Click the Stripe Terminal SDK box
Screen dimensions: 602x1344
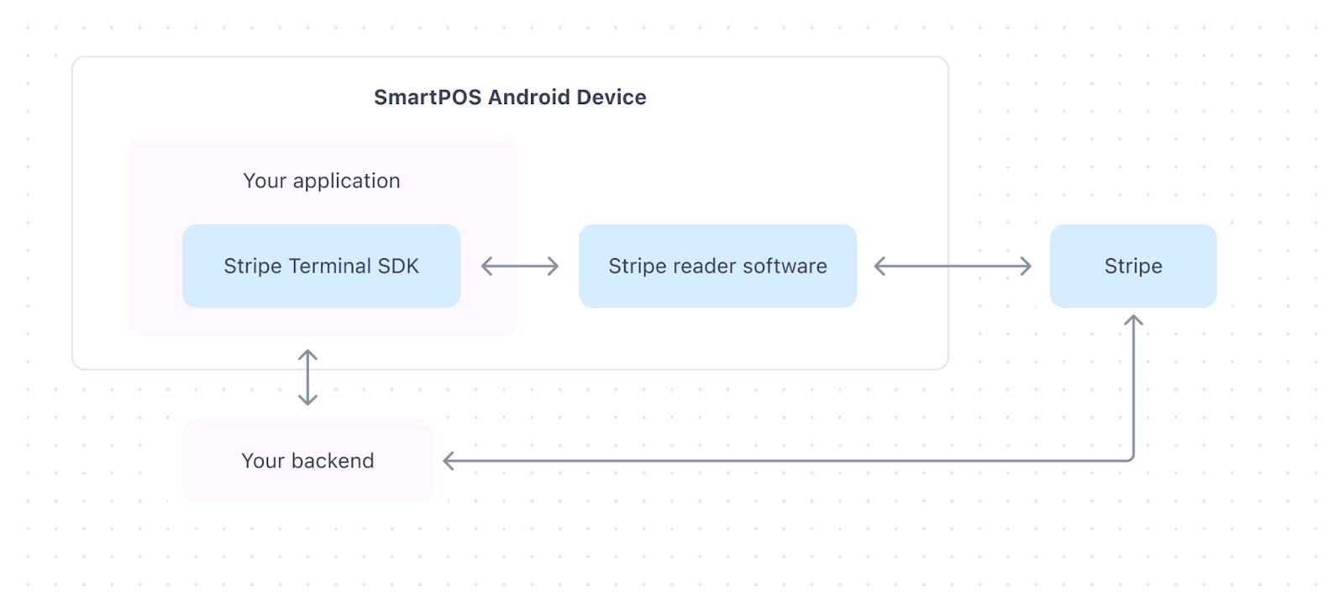tap(321, 266)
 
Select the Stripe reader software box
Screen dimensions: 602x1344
tap(717, 266)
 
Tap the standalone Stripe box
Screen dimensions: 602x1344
tap(1132, 266)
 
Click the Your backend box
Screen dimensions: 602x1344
tap(307, 461)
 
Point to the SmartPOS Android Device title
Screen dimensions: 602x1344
tap(510, 98)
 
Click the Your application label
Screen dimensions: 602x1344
tap(322, 181)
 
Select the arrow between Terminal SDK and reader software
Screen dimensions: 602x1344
tap(520, 267)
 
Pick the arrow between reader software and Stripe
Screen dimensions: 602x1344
tap(953, 267)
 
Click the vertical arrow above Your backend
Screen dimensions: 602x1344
tap(307, 378)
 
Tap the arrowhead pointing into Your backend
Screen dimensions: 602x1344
tap(449, 461)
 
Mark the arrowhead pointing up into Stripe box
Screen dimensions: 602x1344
tap(1133, 320)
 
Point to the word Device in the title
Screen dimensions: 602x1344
tap(612, 98)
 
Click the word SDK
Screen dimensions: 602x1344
tap(398, 267)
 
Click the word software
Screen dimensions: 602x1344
tap(785, 267)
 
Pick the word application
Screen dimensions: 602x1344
tap(346, 182)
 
